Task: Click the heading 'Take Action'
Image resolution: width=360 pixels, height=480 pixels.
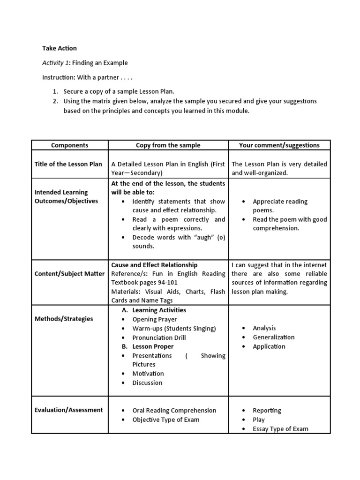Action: coord(60,48)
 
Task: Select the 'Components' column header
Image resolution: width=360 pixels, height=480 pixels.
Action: coord(70,145)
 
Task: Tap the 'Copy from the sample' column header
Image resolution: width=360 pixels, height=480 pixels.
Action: coord(168,145)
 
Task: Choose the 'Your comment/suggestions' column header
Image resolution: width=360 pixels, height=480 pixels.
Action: coord(279,145)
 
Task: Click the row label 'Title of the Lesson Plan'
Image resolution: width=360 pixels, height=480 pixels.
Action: coord(68,164)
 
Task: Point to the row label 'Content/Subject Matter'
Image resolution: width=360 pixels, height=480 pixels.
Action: coord(69,274)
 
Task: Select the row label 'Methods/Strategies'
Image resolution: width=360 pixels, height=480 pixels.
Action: coord(64,319)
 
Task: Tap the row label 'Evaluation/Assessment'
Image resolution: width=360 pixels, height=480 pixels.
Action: coord(68,410)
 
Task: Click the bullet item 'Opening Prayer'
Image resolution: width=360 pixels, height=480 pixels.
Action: coord(154,319)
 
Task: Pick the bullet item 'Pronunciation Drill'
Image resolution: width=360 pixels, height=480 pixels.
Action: coord(159,337)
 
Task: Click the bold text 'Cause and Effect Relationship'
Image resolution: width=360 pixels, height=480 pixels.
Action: coord(154,265)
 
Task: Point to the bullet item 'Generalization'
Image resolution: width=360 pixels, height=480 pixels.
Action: coord(273,337)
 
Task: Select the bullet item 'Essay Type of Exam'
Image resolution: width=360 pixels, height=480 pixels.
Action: coord(280,428)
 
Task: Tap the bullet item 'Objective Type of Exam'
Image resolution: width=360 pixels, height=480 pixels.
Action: coord(165,419)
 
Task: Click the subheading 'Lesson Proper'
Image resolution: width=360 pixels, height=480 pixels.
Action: coord(153,346)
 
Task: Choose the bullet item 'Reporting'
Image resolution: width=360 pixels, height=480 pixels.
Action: coord(267,410)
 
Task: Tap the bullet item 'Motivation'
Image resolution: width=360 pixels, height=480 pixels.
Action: coord(148,374)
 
